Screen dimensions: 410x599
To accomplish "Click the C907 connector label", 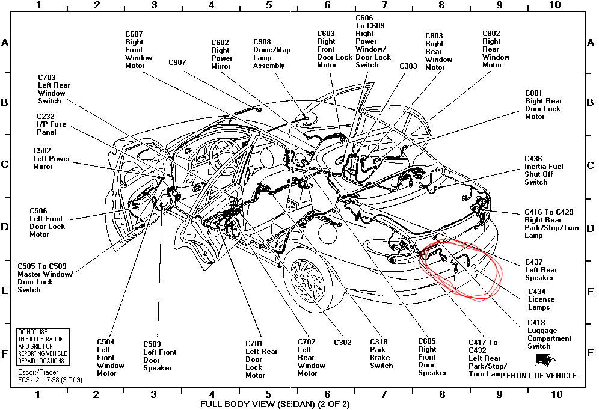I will (x=177, y=62).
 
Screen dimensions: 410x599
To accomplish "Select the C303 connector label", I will (x=408, y=66).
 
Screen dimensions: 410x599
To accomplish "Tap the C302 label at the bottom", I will (x=342, y=343).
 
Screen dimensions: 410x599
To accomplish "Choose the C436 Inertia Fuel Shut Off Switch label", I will (x=544, y=170).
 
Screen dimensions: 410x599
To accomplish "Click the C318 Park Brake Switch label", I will (x=381, y=353).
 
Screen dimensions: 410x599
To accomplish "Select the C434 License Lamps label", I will (x=541, y=299).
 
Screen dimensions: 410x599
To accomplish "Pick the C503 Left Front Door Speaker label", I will (x=159, y=356).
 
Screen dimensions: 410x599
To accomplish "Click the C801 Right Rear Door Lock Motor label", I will (x=543, y=105).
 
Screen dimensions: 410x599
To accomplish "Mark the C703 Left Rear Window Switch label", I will (x=54, y=89).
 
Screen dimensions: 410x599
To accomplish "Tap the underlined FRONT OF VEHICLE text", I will (x=541, y=376).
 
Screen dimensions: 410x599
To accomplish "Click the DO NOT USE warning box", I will (x=42, y=346).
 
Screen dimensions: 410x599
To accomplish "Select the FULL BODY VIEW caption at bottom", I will (x=274, y=404).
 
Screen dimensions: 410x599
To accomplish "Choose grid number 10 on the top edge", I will (x=554, y=5).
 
